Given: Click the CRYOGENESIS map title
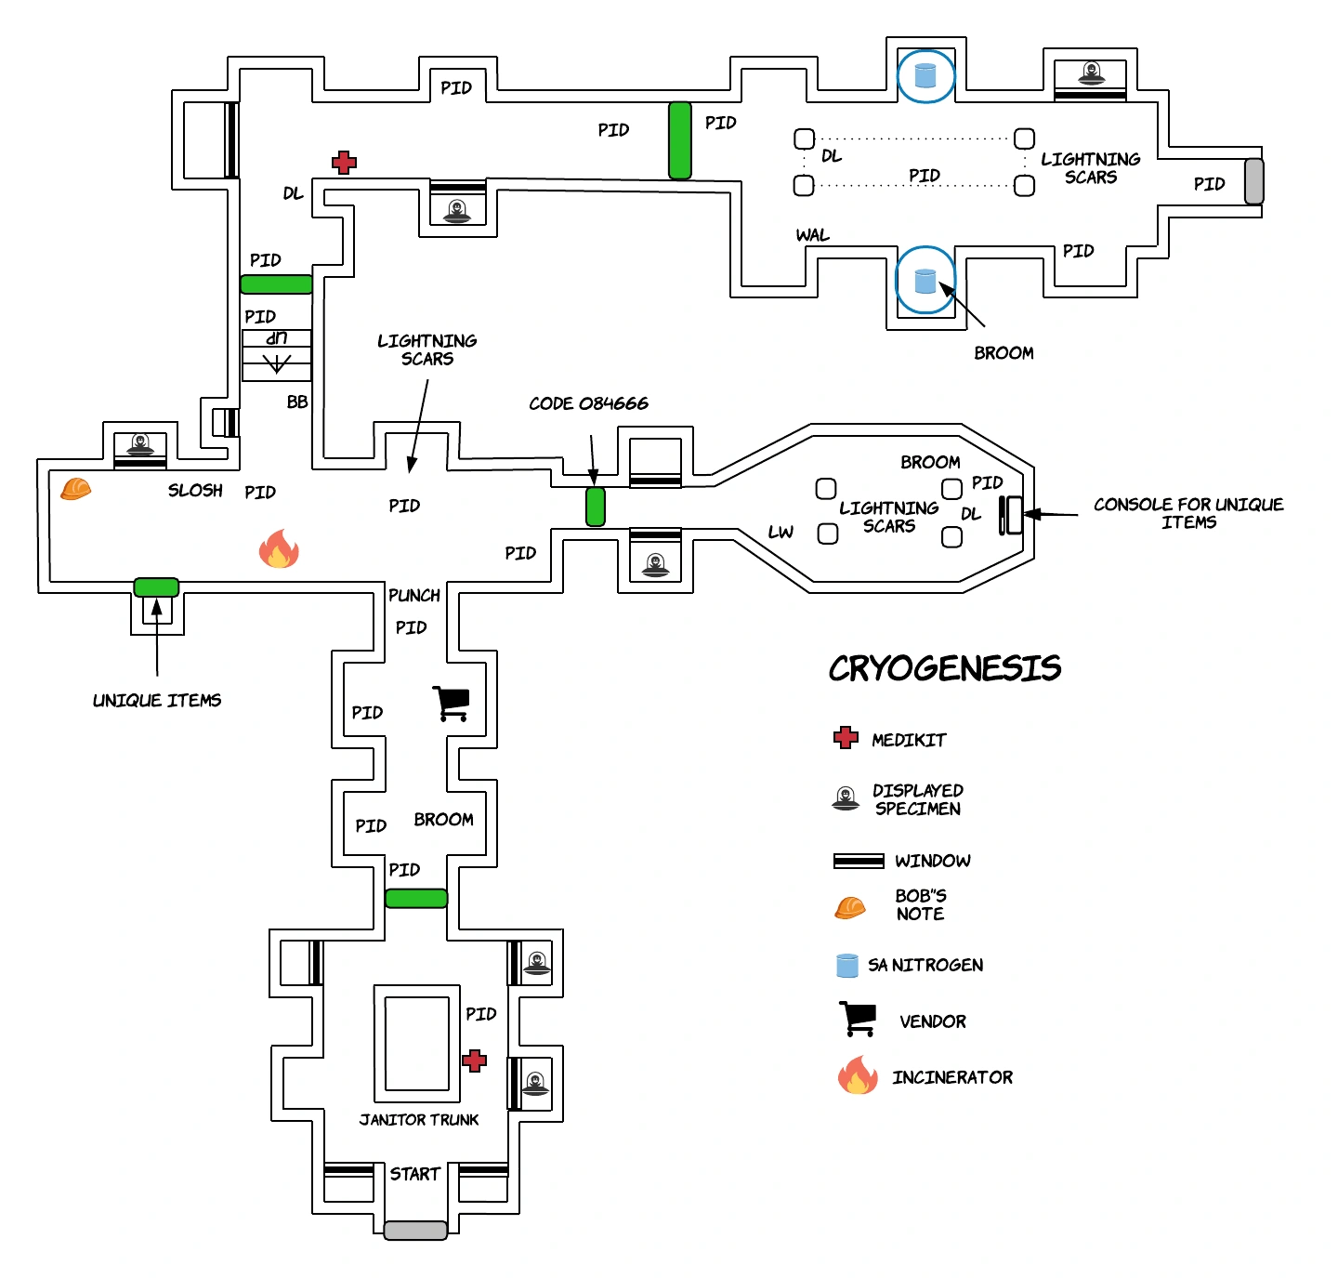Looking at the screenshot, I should pyautogui.click(x=944, y=668).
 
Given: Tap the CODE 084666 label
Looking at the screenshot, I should pyautogui.click(x=588, y=403).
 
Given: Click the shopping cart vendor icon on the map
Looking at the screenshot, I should pyautogui.click(x=452, y=704).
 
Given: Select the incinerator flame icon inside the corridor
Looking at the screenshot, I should pyautogui.click(x=279, y=549).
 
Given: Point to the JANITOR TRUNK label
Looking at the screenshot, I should pyautogui.click(x=419, y=1120).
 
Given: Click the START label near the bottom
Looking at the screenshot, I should pyautogui.click(x=414, y=1174).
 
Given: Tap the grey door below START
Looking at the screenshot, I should pyautogui.click(x=415, y=1230).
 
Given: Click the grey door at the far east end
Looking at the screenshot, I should pyautogui.click(x=1253, y=181).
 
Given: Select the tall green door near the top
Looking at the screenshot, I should pyautogui.click(x=680, y=140).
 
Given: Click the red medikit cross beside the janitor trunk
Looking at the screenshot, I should pyautogui.click(x=475, y=1061).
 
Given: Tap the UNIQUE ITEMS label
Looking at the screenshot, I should pyautogui.click(x=157, y=701).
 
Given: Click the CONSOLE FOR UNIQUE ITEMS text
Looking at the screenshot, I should pyautogui.click(x=1187, y=513).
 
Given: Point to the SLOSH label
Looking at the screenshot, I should pyautogui.click(x=195, y=491).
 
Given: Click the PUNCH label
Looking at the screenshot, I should pyautogui.click(x=414, y=596).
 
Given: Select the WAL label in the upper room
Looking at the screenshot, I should pyautogui.click(x=812, y=235).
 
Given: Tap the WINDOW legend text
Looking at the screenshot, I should pyautogui.click(x=932, y=861).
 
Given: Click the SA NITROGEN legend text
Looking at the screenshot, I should pyautogui.click(x=925, y=965).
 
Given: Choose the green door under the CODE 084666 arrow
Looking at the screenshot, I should pyautogui.click(x=596, y=507).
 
